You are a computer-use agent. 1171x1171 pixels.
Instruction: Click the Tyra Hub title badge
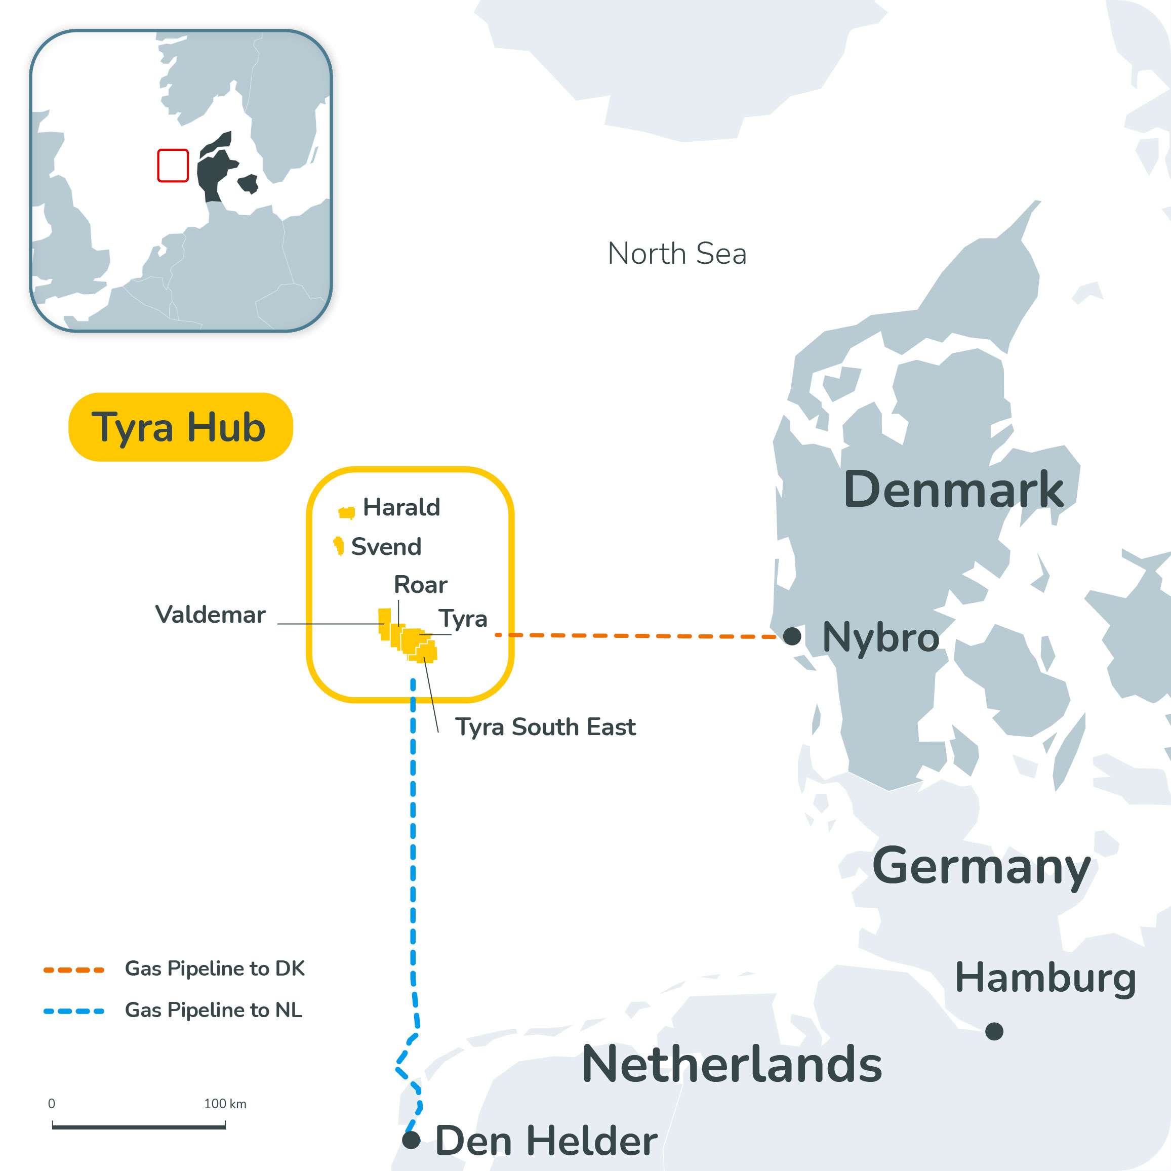pos(180,427)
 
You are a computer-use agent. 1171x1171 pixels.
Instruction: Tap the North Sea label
pos(676,253)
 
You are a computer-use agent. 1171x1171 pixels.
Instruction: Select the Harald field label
pos(401,507)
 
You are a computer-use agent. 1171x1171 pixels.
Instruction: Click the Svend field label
pos(386,547)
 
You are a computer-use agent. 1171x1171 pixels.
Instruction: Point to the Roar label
pos(421,585)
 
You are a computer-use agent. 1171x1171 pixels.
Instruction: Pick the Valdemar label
pos(210,615)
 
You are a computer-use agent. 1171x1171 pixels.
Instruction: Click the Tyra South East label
pos(545,726)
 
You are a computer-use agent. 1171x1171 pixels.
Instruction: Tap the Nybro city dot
pos(792,636)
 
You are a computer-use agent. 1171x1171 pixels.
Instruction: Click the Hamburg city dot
pos(994,1031)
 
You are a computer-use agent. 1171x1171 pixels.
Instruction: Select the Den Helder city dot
pos(411,1140)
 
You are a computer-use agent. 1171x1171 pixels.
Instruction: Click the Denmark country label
pos(953,490)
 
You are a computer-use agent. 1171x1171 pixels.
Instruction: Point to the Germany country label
pos(981,867)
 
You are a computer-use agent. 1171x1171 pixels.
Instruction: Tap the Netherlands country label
pos(732,1064)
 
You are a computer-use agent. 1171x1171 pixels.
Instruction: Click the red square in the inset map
pos(173,166)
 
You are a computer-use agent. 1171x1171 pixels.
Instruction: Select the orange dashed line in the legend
pos(74,971)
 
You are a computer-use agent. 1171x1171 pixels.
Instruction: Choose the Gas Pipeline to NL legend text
pos(213,1011)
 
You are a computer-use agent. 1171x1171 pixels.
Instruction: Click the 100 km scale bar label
pos(225,1104)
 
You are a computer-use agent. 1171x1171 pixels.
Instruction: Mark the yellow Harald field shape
pos(347,513)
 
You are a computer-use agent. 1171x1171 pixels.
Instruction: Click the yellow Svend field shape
pos(339,545)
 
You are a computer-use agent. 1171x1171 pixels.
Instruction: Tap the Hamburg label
pos(1045,978)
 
